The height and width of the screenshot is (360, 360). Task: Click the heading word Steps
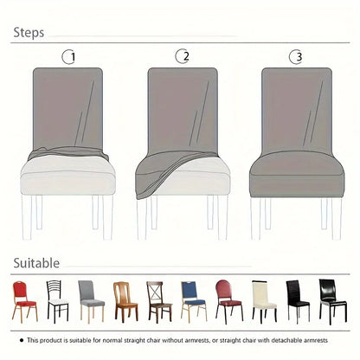29,34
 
